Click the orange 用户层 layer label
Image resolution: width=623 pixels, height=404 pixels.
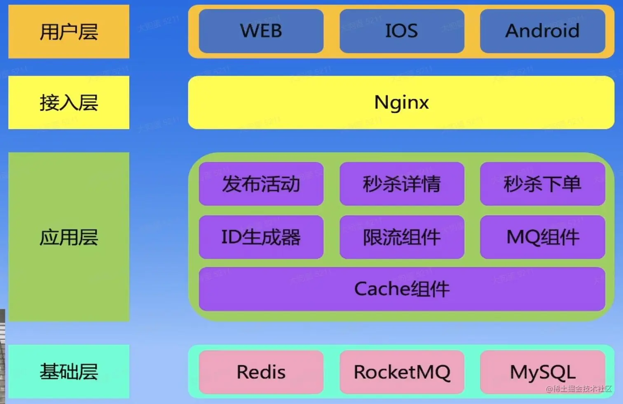(69, 32)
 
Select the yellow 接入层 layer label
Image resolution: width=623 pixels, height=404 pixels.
(69, 102)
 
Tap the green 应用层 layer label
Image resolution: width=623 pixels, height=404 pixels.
(69, 237)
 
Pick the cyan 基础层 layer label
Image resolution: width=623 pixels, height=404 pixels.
(69, 371)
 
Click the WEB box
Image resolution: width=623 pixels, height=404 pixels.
(261, 31)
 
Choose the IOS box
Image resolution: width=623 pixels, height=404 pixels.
(402, 31)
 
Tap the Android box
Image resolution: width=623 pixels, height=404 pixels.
(542, 31)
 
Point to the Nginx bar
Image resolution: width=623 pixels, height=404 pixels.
(401, 102)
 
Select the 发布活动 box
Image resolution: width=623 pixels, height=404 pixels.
(261, 184)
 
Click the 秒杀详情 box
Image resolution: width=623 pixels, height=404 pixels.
(402, 184)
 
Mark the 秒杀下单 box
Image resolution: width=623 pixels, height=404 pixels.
(542, 184)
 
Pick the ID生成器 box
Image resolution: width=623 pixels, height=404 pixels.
(261, 237)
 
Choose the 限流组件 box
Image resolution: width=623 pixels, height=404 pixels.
(402, 237)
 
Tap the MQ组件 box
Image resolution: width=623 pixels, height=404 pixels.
(542, 237)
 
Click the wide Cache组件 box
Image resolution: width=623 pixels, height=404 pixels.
(402, 289)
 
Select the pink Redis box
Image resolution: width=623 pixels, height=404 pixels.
(261, 372)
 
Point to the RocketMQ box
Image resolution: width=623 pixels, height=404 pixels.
(402, 372)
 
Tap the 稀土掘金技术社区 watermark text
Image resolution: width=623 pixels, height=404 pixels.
(579, 389)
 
